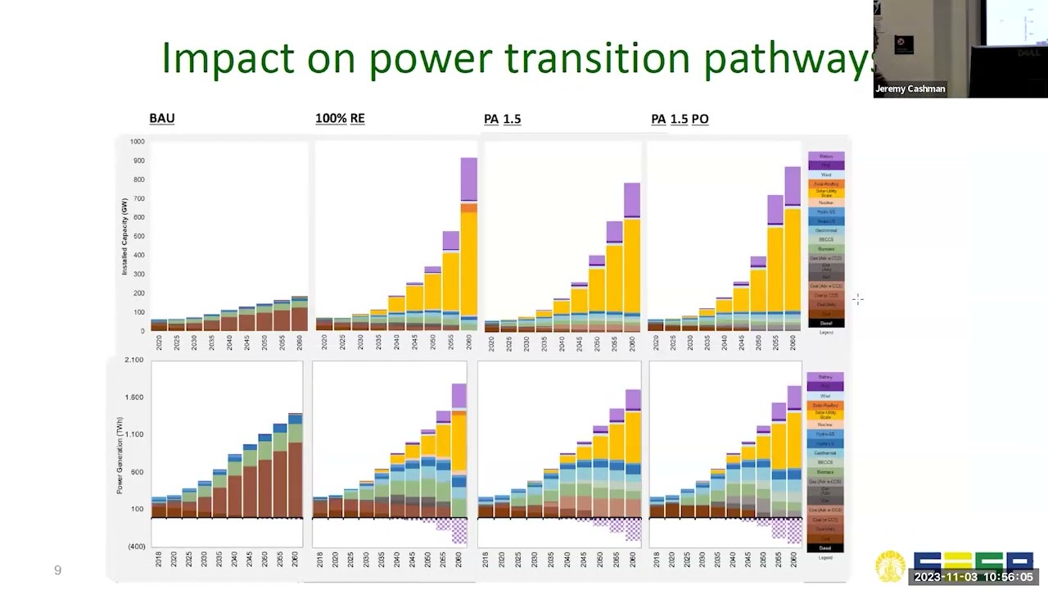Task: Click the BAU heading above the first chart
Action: point(161,118)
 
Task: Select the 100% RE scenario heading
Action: point(340,118)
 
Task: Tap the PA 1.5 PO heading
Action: point(680,119)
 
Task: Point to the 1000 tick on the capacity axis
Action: point(136,142)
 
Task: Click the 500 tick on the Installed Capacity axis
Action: point(138,236)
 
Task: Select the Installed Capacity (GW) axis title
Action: point(125,236)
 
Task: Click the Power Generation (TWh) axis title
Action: point(120,455)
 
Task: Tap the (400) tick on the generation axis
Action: point(135,547)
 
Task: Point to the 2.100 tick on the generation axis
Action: point(133,361)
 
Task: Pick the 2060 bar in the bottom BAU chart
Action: point(295,465)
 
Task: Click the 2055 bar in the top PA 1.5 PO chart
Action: point(775,262)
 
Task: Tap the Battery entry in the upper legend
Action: point(825,156)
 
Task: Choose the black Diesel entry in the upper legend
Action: point(825,323)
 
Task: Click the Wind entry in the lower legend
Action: point(824,396)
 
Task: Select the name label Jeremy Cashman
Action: point(910,88)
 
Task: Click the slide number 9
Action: point(57,570)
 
